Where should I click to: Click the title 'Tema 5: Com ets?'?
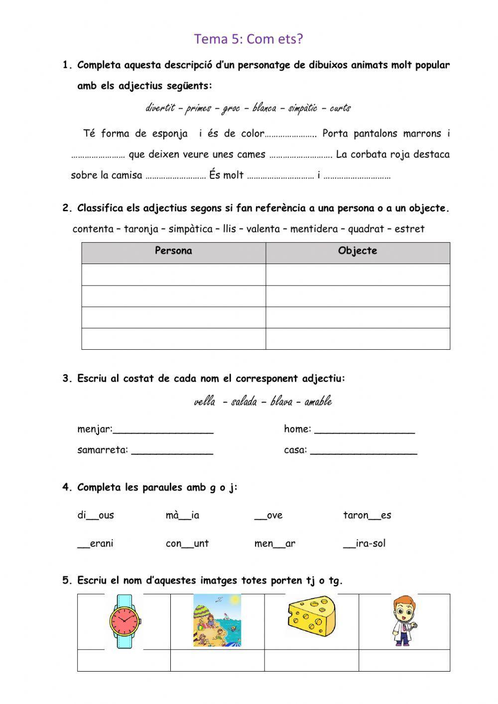click(249, 39)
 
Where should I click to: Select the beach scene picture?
click(217, 620)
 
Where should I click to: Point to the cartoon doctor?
click(403, 621)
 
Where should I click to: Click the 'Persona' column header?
click(173, 251)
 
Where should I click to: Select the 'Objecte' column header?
click(357, 251)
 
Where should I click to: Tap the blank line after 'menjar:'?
click(163, 430)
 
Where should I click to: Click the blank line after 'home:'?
click(365, 430)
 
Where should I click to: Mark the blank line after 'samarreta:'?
click(172, 451)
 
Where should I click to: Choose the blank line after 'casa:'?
click(364, 451)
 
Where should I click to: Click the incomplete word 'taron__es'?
click(367, 516)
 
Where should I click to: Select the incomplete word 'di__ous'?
click(96, 516)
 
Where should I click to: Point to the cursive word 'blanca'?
click(264, 108)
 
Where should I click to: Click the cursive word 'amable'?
click(318, 402)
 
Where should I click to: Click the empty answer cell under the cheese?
click(311, 661)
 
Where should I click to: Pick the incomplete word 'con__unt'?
click(187, 544)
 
